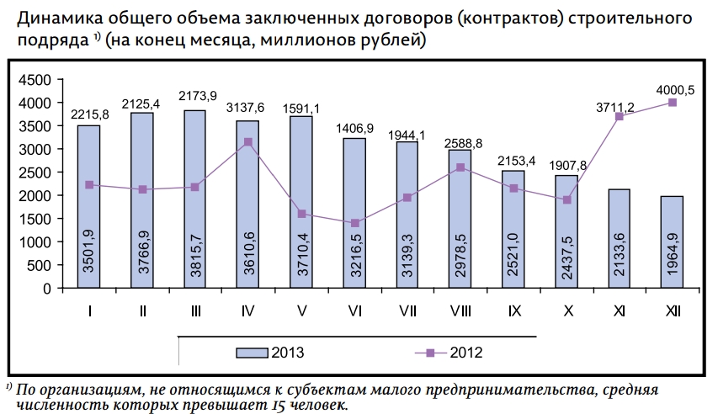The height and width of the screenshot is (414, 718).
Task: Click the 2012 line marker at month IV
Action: pyautogui.click(x=247, y=142)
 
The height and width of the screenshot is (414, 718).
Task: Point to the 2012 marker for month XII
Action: pyautogui.click(x=673, y=103)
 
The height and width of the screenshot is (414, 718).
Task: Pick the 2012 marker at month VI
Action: pyautogui.click(x=354, y=223)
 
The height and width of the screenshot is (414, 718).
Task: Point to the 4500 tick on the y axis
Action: pyautogui.click(x=36, y=80)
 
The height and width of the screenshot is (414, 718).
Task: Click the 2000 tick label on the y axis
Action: pyautogui.click(x=36, y=196)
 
